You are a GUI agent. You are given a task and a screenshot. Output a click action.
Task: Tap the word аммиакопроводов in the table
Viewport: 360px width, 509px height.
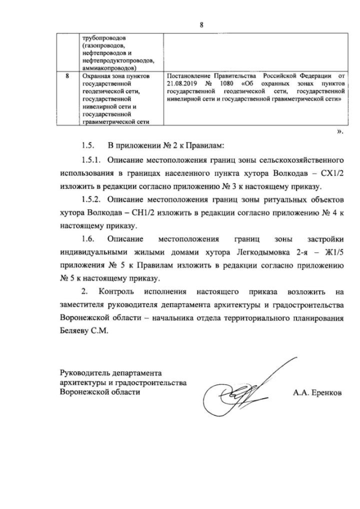[x=107, y=67]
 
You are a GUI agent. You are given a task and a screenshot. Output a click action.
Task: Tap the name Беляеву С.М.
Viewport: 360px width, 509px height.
[x=85, y=331]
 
